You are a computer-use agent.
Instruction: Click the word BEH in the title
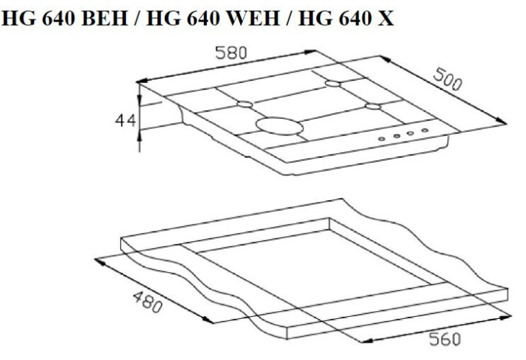point(104,19)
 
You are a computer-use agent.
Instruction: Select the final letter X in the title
point(387,19)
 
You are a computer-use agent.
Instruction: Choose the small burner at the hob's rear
point(332,84)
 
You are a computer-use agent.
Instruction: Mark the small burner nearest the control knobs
point(372,107)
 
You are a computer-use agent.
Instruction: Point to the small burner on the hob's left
point(245,104)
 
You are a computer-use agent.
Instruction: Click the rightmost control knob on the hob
point(424,130)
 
